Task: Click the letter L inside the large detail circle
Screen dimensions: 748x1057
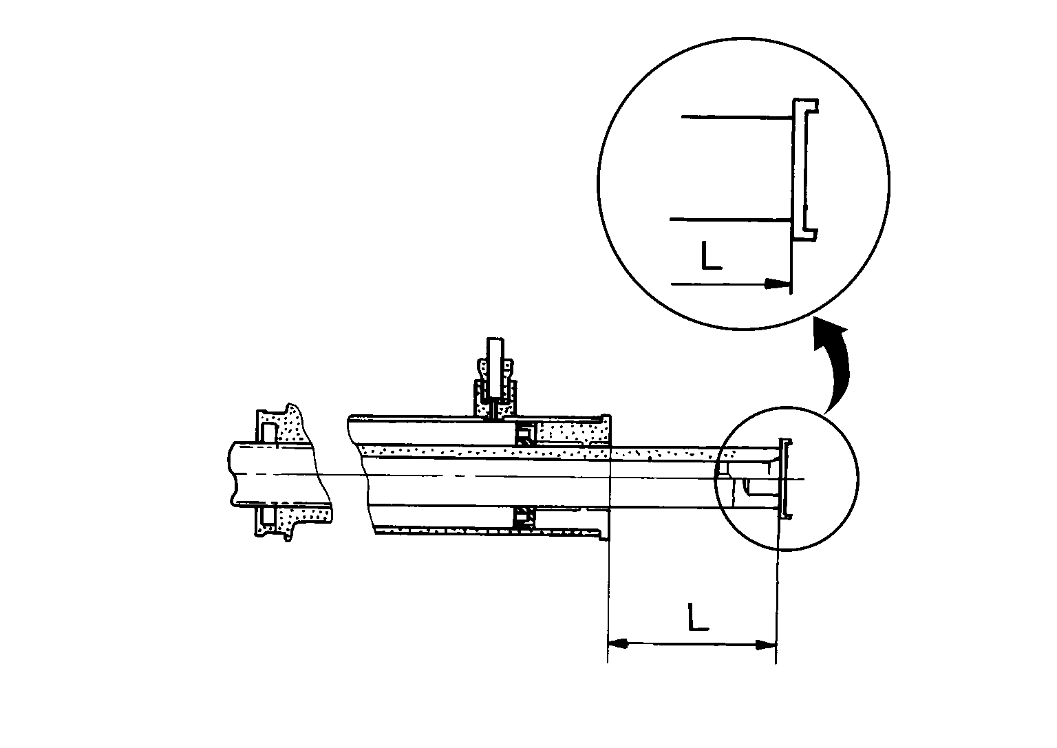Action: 711,255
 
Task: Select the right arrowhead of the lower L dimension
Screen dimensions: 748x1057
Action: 765,645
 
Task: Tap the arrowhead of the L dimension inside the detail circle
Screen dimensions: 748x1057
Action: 778,284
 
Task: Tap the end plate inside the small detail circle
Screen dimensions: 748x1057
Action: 785,478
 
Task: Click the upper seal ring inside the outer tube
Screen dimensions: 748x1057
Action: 526,435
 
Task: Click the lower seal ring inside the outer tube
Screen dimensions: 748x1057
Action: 525,517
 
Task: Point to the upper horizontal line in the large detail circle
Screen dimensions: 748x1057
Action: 733,118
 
